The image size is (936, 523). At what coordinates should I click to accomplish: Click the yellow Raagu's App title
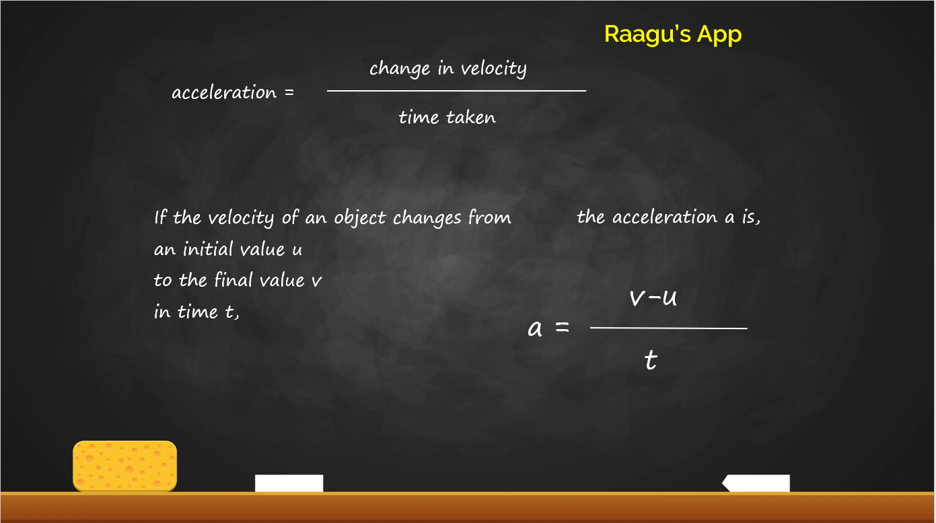tap(672, 34)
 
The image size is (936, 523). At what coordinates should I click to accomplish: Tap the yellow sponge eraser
tap(124, 465)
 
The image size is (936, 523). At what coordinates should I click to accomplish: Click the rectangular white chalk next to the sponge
tap(289, 483)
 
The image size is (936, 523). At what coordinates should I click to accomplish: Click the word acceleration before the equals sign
tap(224, 92)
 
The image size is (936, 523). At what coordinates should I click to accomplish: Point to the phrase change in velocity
tap(447, 69)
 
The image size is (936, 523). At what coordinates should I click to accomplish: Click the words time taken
tap(447, 117)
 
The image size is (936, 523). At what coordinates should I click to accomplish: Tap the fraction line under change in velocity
tap(456, 91)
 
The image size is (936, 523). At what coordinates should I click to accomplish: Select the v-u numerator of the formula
tap(653, 297)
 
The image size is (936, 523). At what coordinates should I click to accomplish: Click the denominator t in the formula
tap(650, 361)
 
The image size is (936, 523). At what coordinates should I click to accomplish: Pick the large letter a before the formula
tap(535, 328)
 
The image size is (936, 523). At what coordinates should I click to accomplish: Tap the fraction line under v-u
tap(668, 328)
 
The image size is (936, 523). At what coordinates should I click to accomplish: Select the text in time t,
tap(196, 312)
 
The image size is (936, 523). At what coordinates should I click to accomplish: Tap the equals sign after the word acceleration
tap(289, 92)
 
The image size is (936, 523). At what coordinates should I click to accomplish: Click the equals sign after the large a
tap(562, 328)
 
